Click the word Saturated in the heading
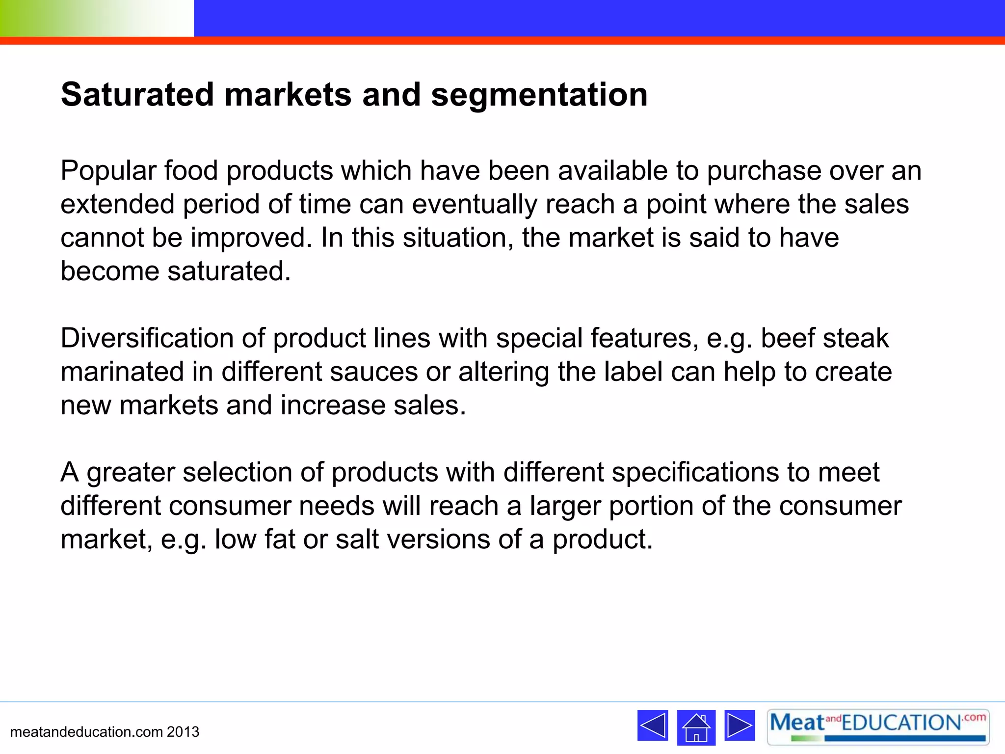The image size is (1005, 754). tap(137, 94)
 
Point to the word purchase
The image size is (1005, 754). tap(764, 171)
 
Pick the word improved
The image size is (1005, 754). tap(251, 239)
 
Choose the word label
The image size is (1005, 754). tap(633, 372)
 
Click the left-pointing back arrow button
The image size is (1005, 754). tap(652, 725)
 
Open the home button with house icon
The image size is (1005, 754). tap(696, 727)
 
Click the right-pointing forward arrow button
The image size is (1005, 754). tap(740, 725)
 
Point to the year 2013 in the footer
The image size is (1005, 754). tap(183, 732)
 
